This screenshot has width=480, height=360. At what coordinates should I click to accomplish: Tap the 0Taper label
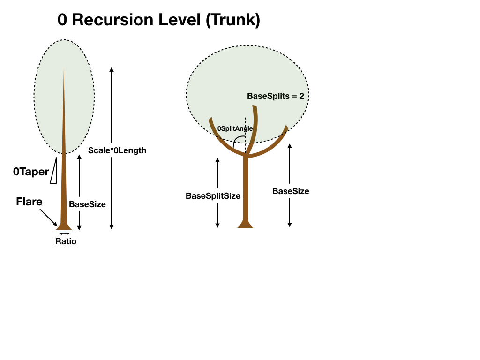coord(30,172)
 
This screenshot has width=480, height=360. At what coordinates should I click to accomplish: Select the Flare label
coord(29,202)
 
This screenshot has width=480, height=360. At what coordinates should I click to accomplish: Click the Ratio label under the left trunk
coord(66,242)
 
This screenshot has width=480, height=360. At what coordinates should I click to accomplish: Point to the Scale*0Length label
coord(117,150)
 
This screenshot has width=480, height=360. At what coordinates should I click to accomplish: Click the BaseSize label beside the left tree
coord(87,204)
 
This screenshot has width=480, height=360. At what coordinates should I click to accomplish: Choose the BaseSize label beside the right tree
coord(291,191)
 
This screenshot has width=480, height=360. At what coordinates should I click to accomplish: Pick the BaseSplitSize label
coord(213,196)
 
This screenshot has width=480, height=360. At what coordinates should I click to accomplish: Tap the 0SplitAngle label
coord(235,128)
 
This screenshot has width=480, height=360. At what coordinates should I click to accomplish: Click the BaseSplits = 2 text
coord(276,96)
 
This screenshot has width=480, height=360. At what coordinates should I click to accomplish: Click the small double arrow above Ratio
coord(65,233)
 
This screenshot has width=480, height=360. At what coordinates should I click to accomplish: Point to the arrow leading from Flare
coord(48,218)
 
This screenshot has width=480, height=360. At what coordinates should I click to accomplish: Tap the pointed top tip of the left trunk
coord(64,68)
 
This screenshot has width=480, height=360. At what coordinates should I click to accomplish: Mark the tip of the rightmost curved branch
coord(286,127)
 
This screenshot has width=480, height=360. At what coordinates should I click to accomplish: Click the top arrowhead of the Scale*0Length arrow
coord(112,69)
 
